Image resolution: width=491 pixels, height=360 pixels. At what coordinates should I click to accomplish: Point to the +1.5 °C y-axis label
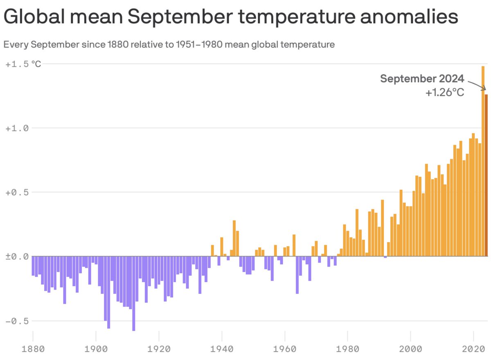(x=23, y=64)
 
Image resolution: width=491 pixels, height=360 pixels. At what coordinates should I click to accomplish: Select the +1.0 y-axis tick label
(x=18, y=128)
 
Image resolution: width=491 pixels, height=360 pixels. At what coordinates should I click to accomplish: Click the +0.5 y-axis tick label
(x=18, y=193)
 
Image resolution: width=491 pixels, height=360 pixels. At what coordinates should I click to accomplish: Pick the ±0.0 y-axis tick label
(x=18, y=256)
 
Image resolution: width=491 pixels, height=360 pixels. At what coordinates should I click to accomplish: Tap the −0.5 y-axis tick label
(x=18, y=321)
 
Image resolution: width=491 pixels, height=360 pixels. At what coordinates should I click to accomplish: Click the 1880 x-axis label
(x=32, y=350)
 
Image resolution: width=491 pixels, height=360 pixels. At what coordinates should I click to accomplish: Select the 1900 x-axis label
(x=95, y=350)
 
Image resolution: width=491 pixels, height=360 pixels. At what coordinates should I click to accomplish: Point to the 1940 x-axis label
(x=221, y=350)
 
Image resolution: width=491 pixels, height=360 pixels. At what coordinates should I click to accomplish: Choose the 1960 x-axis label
(x=284, y=350)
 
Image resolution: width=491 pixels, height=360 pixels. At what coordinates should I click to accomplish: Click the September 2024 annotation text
(x=422, y=79)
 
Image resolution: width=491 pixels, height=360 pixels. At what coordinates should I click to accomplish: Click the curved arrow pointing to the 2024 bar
(x=477, y=85)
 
